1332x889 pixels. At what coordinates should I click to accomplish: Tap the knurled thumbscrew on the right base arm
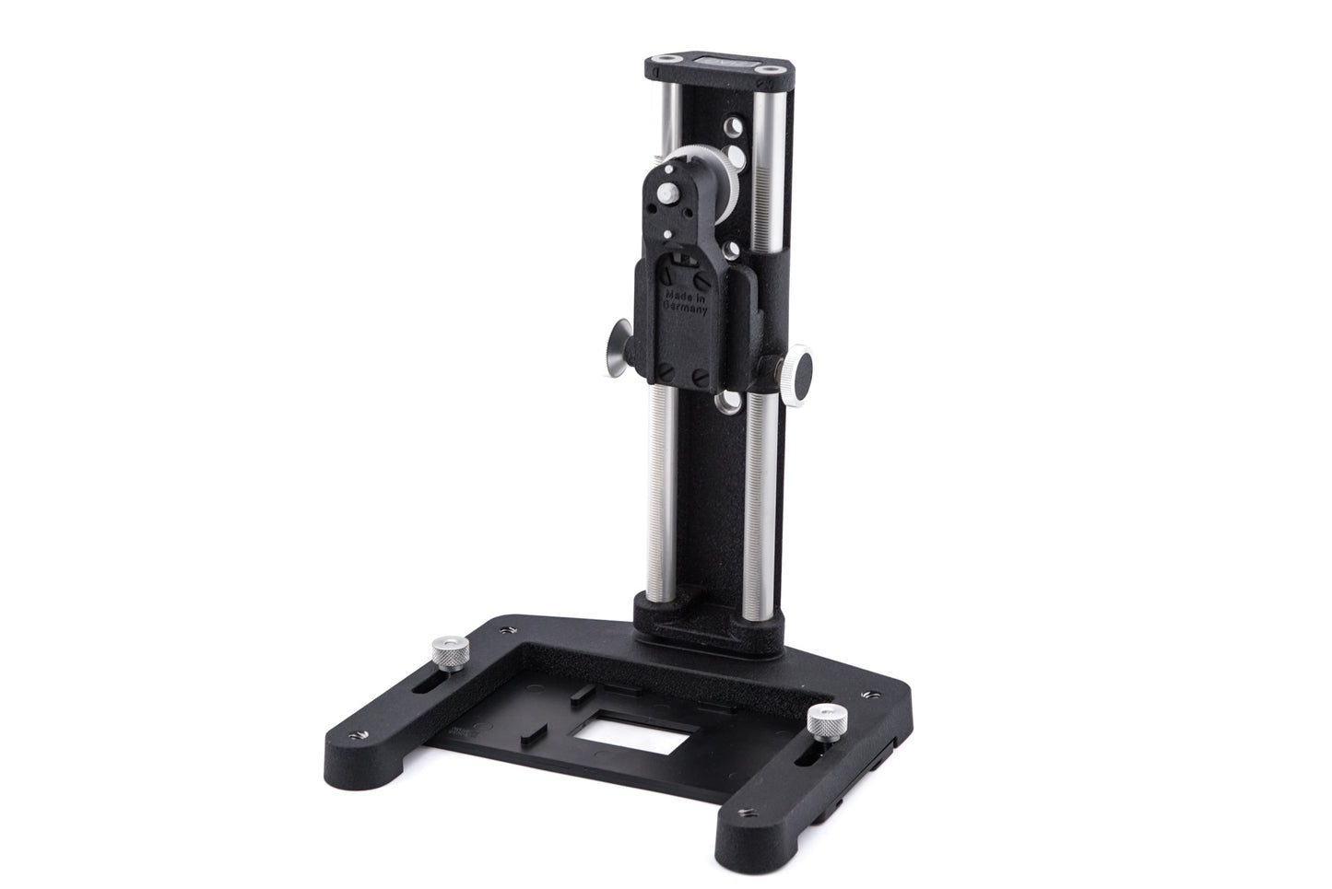pos(823,719)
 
